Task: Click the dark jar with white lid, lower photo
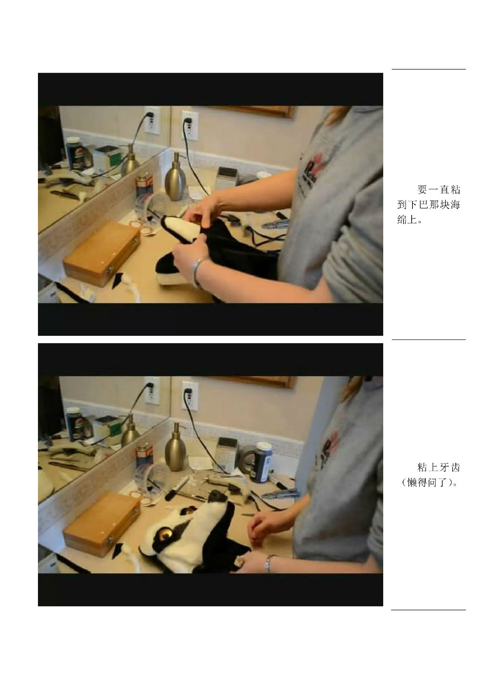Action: [264, 462]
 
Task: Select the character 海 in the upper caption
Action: [455, 205]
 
